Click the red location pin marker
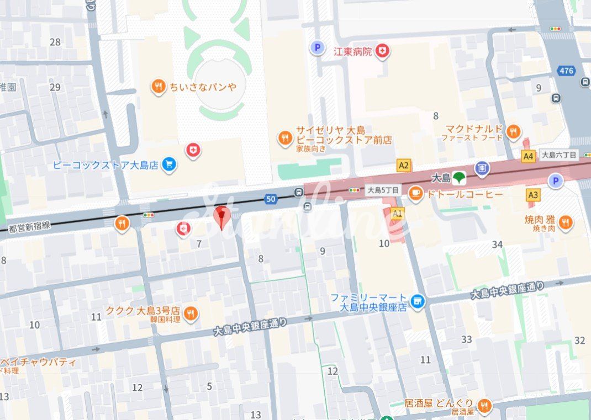(221, 217)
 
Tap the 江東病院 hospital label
(352, 51)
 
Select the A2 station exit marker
(404, 165)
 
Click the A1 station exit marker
(397, 213)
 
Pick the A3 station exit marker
(533, 195)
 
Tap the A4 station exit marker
(529, 156)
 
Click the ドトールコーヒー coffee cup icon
(415, 194)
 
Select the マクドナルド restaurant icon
(513, 131)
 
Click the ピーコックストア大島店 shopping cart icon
(169, 165)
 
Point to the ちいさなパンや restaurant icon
(159, 87)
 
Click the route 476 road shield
(566, 71)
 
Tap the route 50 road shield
(270, 199)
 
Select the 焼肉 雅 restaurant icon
(564, 222)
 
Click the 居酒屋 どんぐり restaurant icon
(484, 406)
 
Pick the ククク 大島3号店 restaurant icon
(191, 313)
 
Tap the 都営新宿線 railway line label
(29, 226)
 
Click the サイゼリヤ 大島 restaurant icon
(285, 138)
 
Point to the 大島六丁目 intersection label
(558, 156)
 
